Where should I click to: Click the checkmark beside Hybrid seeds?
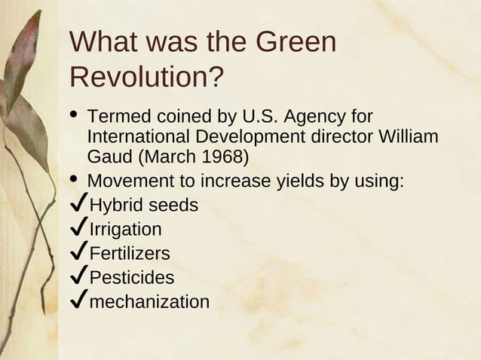78,205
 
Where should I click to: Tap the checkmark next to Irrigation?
78,229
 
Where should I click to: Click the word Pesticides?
132,277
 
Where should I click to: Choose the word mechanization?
149,301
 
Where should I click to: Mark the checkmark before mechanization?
78,301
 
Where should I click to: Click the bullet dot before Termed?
74,115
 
